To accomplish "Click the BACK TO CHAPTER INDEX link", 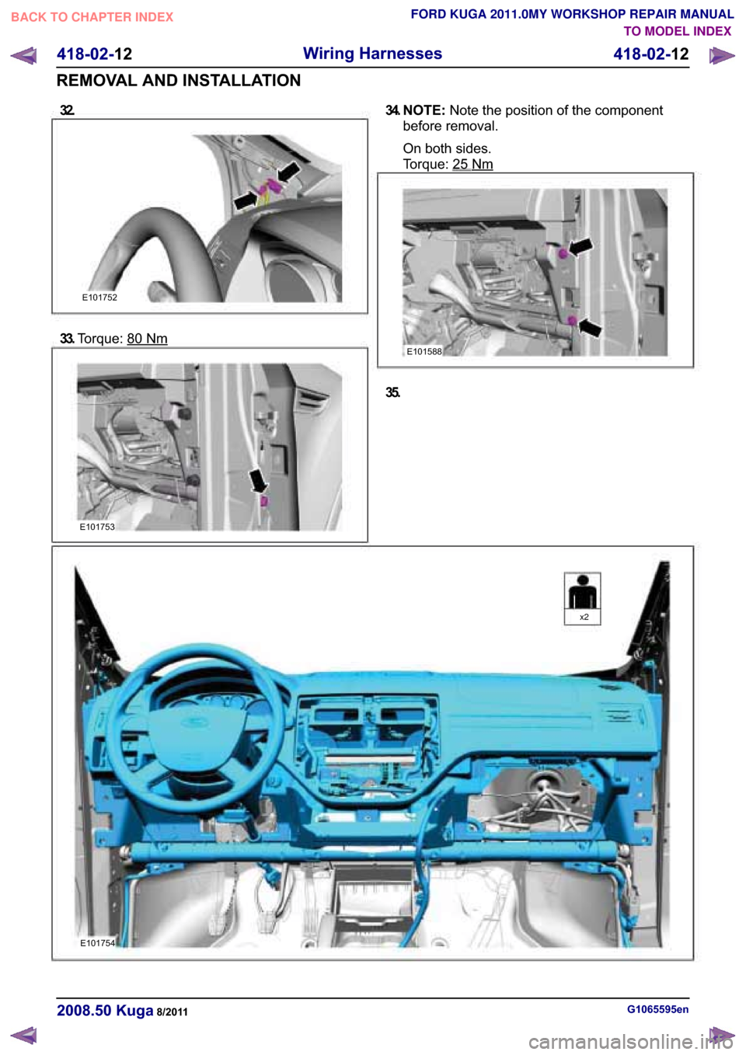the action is pos(92,17).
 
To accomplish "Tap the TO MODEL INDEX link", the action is pos(678,32).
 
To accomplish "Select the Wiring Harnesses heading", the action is pos(372,54).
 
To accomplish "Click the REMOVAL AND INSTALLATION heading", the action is pos(179,81).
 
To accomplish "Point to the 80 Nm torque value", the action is pos(148,339).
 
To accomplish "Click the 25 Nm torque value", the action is pos(472,165).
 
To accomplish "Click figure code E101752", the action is pos(99,298).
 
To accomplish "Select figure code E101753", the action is pos(97,527).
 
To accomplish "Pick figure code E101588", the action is pos(424,351).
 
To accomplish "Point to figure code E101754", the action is pos(97,943).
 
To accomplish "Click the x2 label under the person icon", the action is pos(584,617).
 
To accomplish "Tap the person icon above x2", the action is pos(583,591).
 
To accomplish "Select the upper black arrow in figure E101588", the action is pos(580,246).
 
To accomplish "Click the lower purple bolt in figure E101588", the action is pos(572,321).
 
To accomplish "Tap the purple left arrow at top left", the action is pos(23,56).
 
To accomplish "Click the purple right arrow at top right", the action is pos(721,56).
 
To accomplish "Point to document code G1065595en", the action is pos(658,1009).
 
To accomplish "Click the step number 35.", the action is pos(392,392).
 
